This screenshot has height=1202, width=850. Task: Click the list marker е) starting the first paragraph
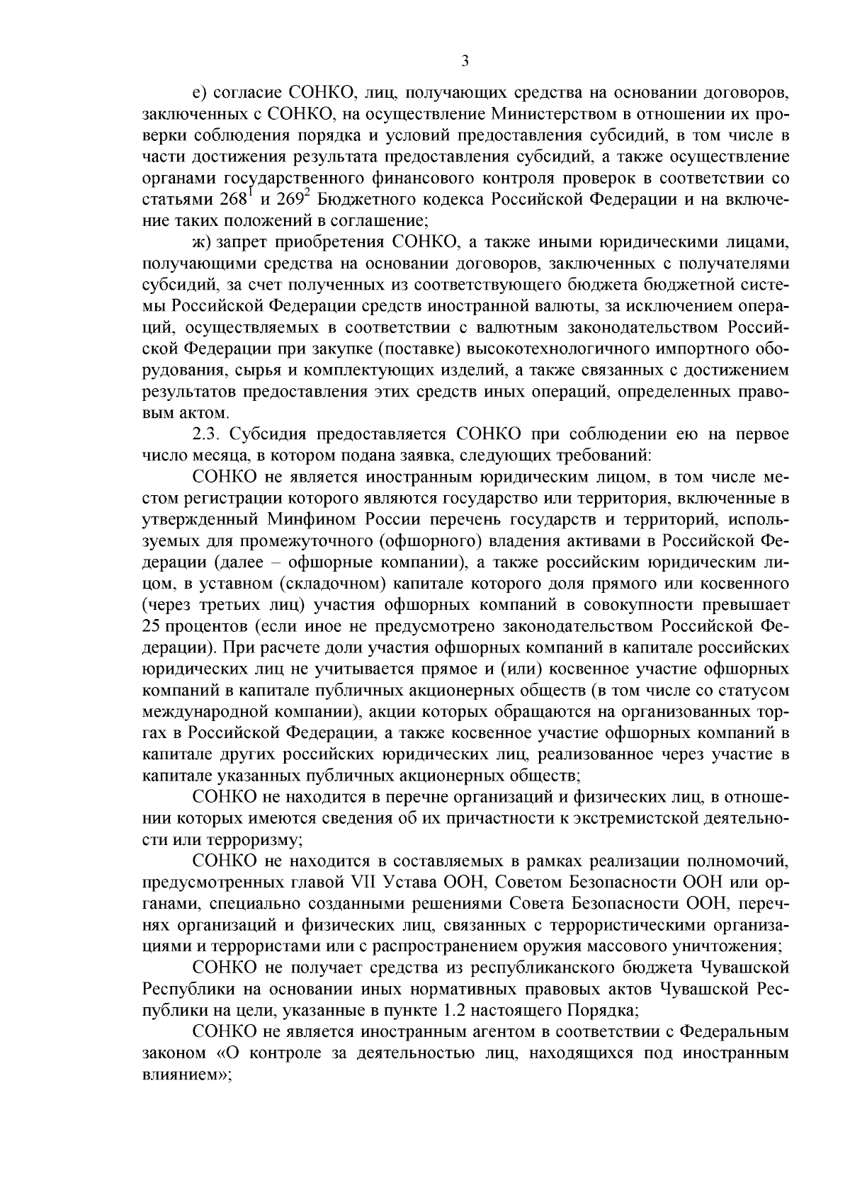coord(199,93)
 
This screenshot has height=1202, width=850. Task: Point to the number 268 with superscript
coord(233,199)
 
